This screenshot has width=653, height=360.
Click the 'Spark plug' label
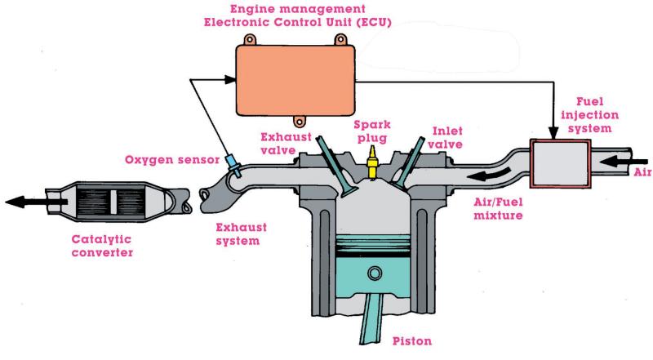373,132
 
